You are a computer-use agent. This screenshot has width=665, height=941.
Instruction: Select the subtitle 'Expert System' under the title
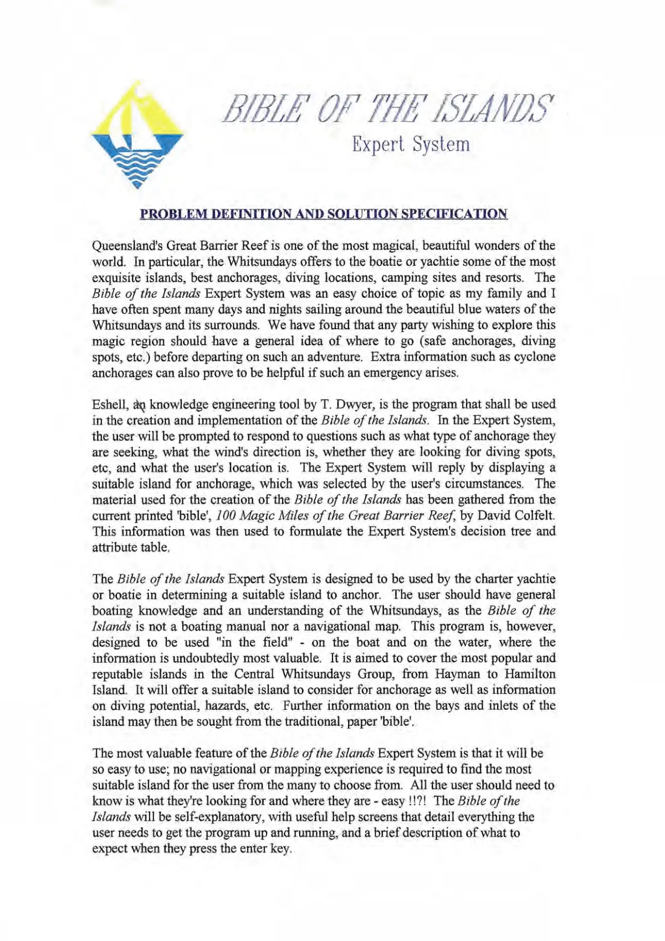pos(411,145)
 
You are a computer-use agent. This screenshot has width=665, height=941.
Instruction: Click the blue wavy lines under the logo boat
pos(137,169)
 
